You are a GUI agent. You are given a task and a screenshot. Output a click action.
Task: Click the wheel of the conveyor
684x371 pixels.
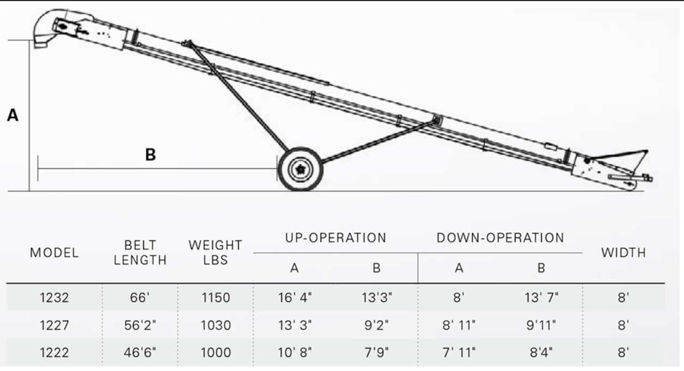pos(301,169)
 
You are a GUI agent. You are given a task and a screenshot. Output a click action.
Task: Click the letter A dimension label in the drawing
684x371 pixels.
pos(13,115)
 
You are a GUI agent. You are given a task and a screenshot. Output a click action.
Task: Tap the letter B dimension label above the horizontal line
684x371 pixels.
pos(150,154)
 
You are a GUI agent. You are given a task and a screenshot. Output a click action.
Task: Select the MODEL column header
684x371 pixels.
pos(54,252)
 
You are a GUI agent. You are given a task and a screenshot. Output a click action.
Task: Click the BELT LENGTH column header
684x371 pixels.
pos(140,252)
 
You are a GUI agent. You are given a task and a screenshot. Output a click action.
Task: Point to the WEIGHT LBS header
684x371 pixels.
pos(215,252)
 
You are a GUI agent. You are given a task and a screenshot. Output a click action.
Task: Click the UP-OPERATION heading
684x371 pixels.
pos(335,238)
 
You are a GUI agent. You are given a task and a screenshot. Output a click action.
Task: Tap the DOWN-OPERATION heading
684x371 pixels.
pos(500,238)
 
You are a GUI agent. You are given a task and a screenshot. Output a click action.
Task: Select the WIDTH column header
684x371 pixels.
pos(624,252)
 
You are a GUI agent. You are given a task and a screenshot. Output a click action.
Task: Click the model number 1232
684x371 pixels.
pos(54,298)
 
